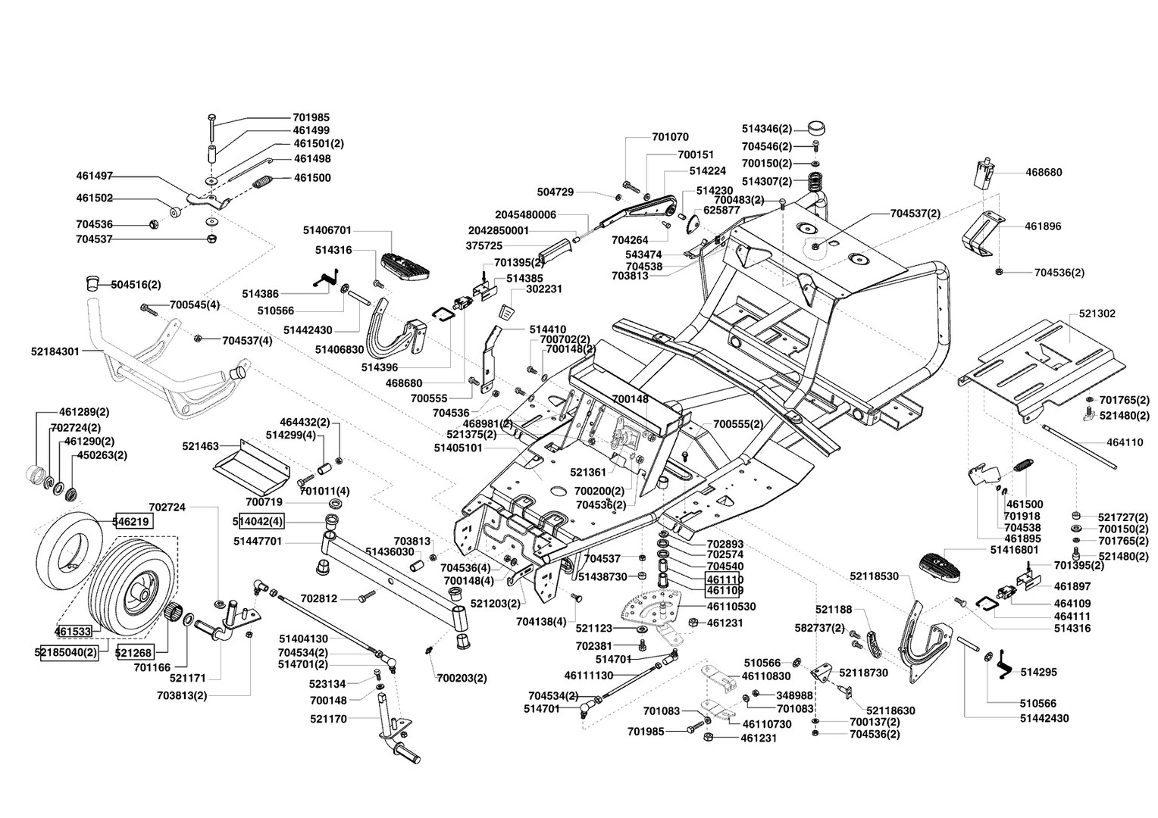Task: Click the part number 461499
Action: tap(311, 130)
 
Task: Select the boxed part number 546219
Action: tap(132, 521)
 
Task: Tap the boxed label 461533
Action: tap(73, 630)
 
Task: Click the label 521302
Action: tap(1096, 313)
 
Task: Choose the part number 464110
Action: tap(1125, 443)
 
